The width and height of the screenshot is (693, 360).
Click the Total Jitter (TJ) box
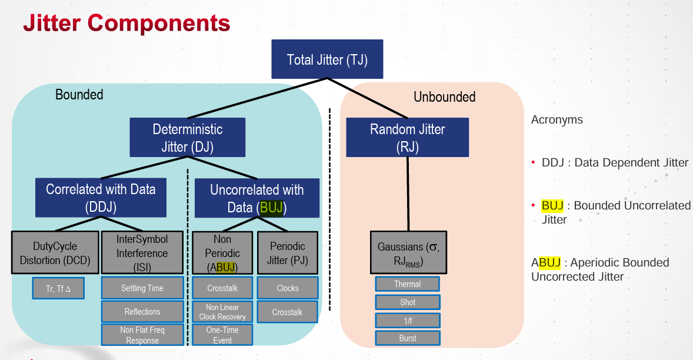point(327,59)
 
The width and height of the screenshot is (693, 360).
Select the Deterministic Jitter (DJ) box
point(188,138)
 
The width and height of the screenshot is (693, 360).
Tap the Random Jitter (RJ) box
point(407,138)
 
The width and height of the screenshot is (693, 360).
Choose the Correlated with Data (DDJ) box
point(101,198)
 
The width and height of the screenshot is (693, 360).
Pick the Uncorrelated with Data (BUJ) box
point(257,198)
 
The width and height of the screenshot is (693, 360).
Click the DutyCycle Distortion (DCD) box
point(55,253)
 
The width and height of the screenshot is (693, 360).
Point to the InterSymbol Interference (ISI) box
point(142,253)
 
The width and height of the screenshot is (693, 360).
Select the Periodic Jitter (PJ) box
point(288,253)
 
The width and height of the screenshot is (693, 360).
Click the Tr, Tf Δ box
point(58,288)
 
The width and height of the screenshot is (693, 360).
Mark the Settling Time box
point(142,288)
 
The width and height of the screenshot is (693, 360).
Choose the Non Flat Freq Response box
point(142,335)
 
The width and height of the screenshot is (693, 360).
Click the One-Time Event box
point(222,335)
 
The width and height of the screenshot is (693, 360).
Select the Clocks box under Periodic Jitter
point(288,288)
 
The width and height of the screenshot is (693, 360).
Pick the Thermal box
point(407,284)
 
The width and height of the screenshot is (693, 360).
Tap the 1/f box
point(407,321)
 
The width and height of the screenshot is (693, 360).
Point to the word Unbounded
point(444,97)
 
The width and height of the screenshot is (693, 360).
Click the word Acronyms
point(557,120)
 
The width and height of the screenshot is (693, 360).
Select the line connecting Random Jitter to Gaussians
point(408,194)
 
